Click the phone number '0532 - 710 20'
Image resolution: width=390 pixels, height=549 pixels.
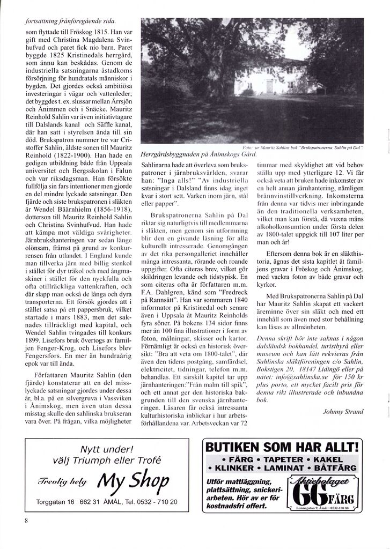click(156, 502)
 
